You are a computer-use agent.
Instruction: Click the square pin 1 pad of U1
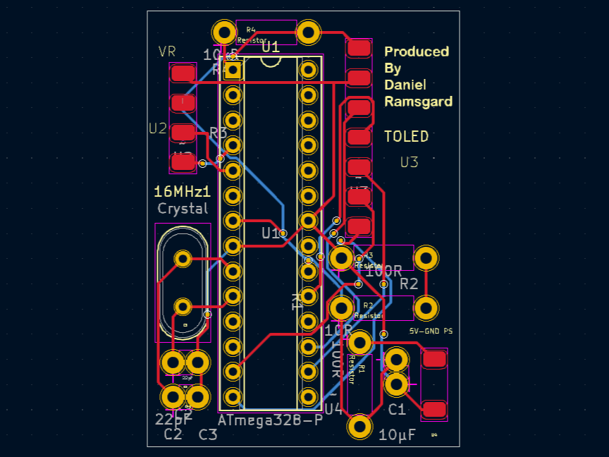tap(233, 70)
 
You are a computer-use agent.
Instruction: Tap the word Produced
tap(416, 51)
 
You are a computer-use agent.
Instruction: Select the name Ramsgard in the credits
tap(418, 102)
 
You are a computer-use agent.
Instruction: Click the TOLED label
tap(406, 136)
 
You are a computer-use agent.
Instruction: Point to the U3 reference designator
tap(409, 162)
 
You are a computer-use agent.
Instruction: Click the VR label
tap(167, 51)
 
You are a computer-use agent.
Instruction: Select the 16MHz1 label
tap(183, 192)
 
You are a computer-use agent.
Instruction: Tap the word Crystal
tap(183, 209)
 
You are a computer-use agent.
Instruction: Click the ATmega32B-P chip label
tap(270, 420)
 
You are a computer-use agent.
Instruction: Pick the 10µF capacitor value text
tap(397, 434)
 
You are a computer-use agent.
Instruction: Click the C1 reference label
tap(397, 410)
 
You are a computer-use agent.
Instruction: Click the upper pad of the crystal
tap(183, 259)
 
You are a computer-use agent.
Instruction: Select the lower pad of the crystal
tap(183, 306)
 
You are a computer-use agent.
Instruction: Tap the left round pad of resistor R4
tap(224, 32)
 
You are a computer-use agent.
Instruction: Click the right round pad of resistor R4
tap(308, 32)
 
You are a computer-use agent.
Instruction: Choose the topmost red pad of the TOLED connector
tap(359, 48)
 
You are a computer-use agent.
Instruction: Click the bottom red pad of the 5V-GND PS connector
tap(433, 409)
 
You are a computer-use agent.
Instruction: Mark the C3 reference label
tap(208, 434)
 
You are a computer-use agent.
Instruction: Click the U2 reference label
tap(157, 128)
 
